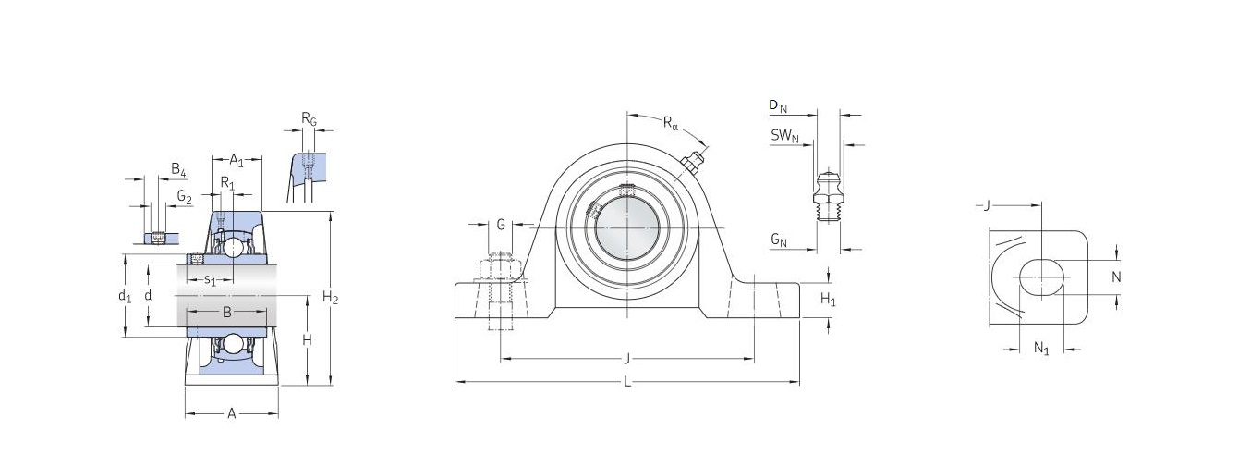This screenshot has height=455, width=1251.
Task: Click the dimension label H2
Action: tap(331, 298)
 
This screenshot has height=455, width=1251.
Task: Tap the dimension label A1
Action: tap(237, 160)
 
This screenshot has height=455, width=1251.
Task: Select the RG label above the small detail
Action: tap(309, 118)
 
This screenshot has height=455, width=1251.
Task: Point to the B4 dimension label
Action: tap(178, 169)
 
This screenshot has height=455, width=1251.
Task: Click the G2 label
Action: tap(184, 197)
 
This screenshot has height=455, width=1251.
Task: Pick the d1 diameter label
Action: tap(125, 296)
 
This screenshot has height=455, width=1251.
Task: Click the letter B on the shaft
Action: tap(226, 312)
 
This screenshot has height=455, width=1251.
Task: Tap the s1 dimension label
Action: tap(210, 280)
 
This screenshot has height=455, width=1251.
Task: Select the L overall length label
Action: tap(627, 382)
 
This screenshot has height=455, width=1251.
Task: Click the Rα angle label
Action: tap(670, 123)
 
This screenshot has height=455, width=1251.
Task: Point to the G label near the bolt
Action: tap(501, 225)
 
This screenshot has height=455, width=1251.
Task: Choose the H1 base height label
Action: tap(828, 300)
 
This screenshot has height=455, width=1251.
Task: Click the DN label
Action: tap(778, 105)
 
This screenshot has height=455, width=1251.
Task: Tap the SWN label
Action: tap(784, 136)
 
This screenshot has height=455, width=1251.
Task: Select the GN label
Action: tap(779, 240)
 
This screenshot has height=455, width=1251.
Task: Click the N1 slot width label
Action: tap(1041, 349)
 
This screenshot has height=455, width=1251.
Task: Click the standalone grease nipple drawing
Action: tap(827, 198)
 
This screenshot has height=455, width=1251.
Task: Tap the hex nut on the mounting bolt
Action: tap(501, 266)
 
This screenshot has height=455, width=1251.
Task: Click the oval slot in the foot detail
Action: tap(1041, 277)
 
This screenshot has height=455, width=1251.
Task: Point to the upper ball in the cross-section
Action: tap(234, 247)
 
